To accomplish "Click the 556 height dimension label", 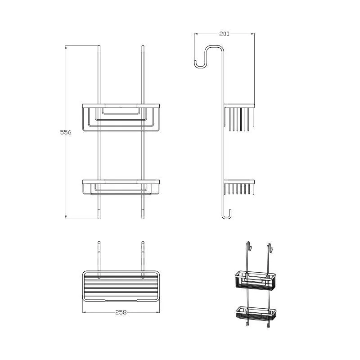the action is tap(66, 132).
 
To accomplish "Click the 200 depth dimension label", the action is tap(224, 34).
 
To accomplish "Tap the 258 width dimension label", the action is tap(121, 312).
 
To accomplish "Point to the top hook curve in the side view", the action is tap(208, 55).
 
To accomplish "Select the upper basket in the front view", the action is tap(121, 117).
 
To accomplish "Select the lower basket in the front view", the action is tap(121, 187).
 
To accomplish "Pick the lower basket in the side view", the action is tap(239, 187).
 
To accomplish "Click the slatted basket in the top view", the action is tap(121, 286).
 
